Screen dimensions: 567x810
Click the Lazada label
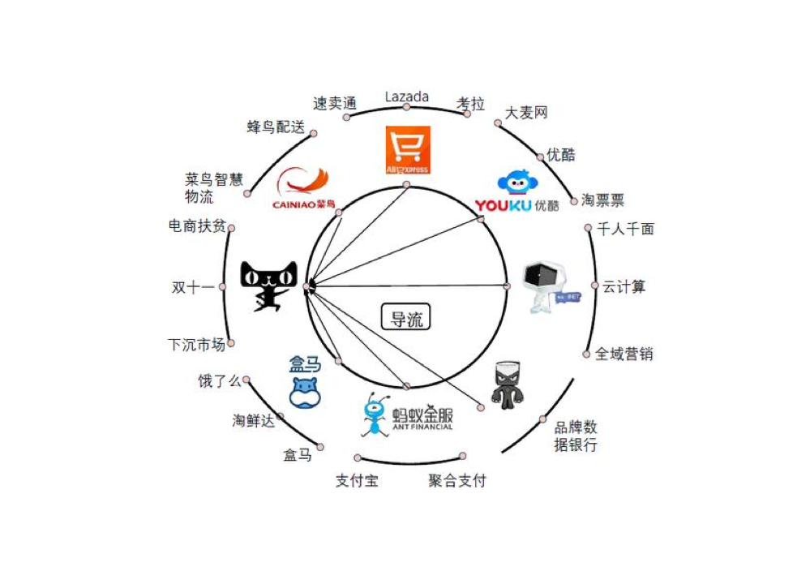tap(406, 97)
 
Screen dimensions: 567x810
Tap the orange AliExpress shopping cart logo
tap(407, 149)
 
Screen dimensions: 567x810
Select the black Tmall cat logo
tap(269, 286)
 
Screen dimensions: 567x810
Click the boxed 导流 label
tap(406, 318)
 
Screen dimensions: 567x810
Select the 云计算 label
tap(624, 286)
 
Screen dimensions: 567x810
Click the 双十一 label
tap(193, 287)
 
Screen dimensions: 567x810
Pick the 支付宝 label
tap(357, 480)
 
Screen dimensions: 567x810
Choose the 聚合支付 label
tap(457, 480)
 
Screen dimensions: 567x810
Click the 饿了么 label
tap(220, 380)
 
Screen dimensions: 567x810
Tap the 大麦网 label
tap(526, 112)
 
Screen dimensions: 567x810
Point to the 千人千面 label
tap(625, 229)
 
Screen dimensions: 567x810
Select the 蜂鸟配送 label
tap(276, 127)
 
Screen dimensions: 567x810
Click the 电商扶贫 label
tap(196, 226)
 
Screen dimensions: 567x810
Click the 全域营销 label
tap(624, 354)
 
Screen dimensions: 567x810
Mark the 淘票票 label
tap(602, 200)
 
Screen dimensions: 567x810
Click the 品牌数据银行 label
tap(576, 436)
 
